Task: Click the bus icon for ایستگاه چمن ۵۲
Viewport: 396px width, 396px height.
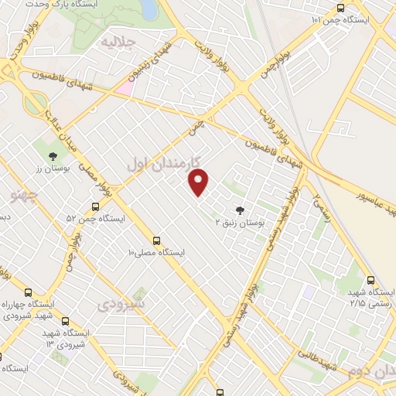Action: click(95, 207)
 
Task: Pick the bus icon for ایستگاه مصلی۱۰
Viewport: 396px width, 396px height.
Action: click(157, 241)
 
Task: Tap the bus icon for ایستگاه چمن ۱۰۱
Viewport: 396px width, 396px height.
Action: click(340, 8)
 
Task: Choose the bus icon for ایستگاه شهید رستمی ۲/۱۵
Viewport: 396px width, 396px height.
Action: click(370, 281)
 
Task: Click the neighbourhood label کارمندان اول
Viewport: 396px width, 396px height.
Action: click(163, 163)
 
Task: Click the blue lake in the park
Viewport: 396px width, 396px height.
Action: click(148, 9)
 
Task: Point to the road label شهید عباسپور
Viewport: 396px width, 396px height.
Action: click(367, 194)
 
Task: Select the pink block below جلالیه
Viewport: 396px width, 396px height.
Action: click(123, 87)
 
